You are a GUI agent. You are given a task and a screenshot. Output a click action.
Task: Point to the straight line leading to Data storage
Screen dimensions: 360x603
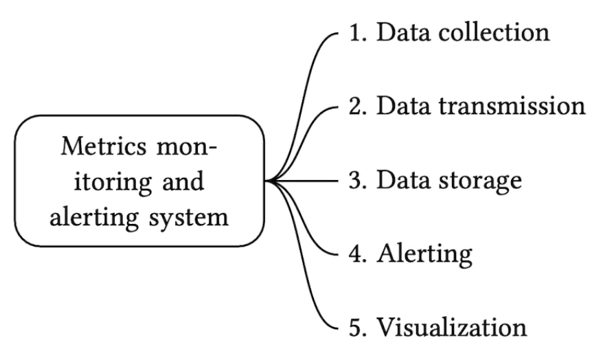pyautogui.click(x=309, y=181)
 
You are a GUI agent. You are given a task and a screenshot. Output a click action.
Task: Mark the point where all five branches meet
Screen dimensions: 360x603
pyautogui.click(x=270, y=181)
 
